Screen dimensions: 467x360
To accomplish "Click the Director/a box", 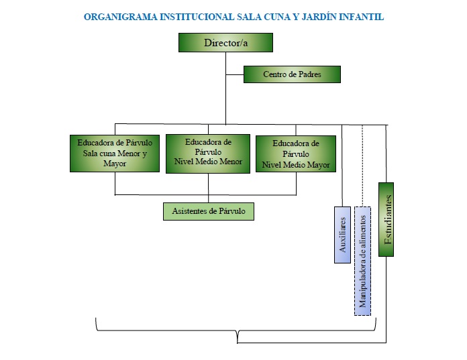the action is coord(225,42).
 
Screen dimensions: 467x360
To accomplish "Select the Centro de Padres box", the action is coord(292,74).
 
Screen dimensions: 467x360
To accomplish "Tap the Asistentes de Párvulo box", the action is coord(209,212).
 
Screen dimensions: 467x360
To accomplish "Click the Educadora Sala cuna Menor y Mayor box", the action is coord(115,154).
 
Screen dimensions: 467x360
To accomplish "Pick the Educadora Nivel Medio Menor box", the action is coord(208,154).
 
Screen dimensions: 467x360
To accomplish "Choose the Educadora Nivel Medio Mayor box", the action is coord(296,154).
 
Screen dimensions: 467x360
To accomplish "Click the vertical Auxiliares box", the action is coord(342,235).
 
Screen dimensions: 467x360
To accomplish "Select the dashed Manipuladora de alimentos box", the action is coord(362,261).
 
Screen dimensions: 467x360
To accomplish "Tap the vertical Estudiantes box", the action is coord(386,219).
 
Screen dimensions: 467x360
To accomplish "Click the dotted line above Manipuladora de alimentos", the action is coord(362,166).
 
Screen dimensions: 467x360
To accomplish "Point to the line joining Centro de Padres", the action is coord(235,74).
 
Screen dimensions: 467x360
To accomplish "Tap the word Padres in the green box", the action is coord(310,74).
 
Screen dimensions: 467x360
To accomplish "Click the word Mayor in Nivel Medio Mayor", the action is coord(319,165).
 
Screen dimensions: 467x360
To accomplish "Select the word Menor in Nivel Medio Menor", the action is coord(231,162).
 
